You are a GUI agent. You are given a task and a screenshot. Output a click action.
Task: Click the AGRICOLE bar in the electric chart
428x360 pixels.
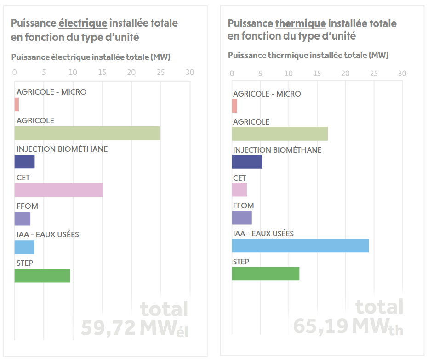click(x=87, y=133)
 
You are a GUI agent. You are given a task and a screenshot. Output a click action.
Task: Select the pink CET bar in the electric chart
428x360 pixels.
click(x=58, y=190)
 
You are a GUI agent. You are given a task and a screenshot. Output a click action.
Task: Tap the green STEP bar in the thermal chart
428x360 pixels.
click(x=265, y=274)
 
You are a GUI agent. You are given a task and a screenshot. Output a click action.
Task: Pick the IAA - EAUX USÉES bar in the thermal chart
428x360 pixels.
click(x=300, y=246)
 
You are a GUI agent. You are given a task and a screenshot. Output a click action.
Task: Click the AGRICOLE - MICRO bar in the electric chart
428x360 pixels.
click(x=17, y=105)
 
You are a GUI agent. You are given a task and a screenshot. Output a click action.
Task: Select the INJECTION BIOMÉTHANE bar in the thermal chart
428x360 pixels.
click(x=247, y=162)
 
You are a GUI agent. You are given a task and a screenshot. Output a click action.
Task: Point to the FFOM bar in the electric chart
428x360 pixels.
click(x=23, y=219)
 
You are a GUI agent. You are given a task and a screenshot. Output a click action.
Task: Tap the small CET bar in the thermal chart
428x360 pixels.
click(x=240, y=190)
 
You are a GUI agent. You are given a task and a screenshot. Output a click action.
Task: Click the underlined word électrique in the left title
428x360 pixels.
click(x=83, y=23)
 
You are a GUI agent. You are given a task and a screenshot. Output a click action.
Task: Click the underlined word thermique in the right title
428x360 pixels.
click(x=300, y=23)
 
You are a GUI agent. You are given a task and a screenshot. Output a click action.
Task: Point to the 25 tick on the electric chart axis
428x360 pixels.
click(x=160, y=73)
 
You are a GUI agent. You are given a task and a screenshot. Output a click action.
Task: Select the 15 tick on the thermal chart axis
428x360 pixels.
click(x=317, y=74)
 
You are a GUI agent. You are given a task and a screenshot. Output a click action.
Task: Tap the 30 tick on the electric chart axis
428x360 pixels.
click(x=190, y=73)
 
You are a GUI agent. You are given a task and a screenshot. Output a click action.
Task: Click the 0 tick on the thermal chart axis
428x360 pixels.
click(x=232, y=74)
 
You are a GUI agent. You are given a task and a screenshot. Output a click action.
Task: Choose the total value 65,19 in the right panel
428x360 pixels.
click(x=321, y=326)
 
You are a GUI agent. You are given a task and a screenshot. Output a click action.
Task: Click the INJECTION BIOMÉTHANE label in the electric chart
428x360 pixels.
click(x=62, y=149)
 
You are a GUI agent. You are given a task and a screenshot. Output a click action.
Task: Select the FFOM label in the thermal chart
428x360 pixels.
click(x=243, y=206)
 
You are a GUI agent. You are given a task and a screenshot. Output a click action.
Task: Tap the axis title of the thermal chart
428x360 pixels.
click(x=308, y=55)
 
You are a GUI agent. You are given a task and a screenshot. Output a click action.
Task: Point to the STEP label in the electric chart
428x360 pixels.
click(x=25, y=263)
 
